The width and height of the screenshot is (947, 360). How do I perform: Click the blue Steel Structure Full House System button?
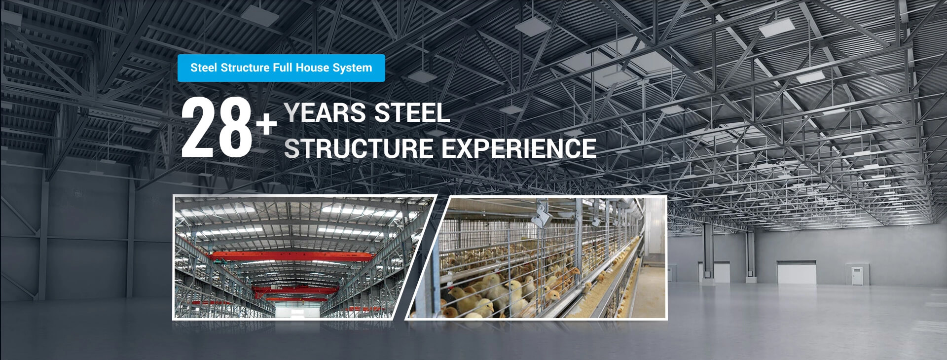[281, 68]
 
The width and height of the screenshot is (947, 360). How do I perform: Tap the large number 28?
[218, 128]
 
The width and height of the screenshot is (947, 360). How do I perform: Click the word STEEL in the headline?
[412, 113]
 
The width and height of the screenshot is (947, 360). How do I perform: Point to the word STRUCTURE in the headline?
[359, 148]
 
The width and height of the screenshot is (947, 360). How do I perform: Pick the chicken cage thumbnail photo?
[536, 257]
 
